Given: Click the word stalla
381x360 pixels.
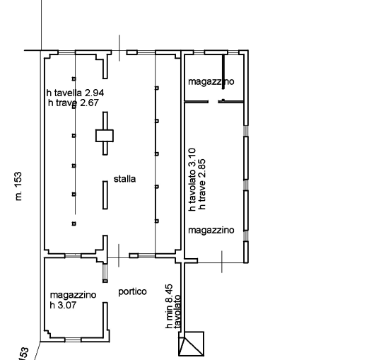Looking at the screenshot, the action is (124, 179).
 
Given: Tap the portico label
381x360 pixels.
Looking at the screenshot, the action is (132, 291).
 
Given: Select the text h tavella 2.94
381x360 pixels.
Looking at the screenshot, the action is (76, 93).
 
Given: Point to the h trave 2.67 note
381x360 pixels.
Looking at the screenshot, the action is (74, 103).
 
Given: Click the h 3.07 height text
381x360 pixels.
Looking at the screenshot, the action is (63, 305).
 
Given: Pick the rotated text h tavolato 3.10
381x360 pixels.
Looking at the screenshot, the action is (192, 180).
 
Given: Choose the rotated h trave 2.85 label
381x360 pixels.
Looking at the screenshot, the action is (202, 185).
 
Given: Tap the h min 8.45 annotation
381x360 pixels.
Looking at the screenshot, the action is (170, 307).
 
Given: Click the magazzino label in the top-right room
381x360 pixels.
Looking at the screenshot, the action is (211, 81).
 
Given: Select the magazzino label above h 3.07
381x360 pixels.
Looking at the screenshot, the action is (73, 295).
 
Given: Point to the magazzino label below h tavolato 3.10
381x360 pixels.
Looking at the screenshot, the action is (211, 230).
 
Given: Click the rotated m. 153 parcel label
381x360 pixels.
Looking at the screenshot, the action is (18, 187).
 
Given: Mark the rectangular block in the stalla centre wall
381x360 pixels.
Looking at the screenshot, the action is (105, 136).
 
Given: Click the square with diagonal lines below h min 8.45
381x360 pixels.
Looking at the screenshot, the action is (192, 344).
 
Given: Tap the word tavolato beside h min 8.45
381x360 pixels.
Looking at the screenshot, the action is (177, 311).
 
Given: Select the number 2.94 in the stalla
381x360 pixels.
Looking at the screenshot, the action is (95, 93).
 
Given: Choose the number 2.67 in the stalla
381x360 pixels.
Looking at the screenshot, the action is (89, 103).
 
